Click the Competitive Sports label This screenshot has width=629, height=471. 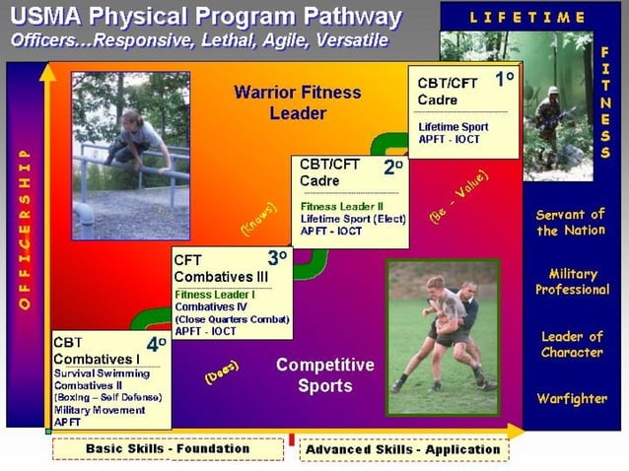[325, 374]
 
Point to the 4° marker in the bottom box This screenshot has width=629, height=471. [156, 346]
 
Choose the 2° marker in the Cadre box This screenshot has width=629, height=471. [392, 168]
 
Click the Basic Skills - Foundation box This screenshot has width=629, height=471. [168, 449]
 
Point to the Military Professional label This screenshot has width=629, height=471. [573, 282]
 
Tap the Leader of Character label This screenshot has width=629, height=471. [572, 344]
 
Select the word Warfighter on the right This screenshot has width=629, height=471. [572, 399]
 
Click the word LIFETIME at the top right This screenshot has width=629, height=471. [527, 17]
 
